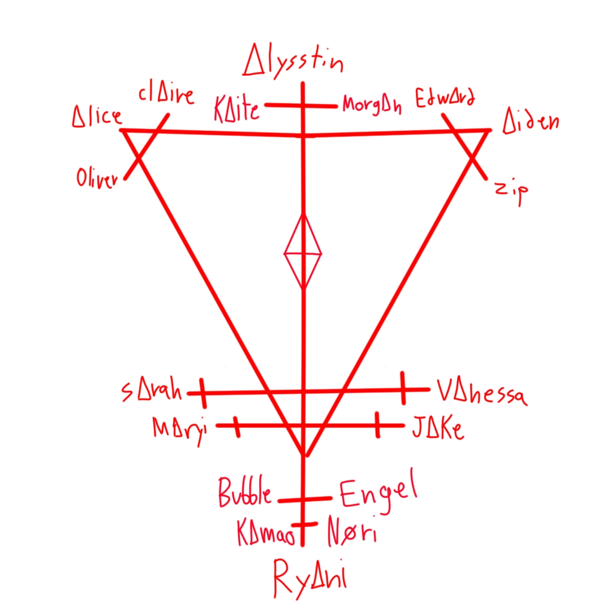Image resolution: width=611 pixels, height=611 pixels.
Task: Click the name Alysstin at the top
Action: coord(292,62)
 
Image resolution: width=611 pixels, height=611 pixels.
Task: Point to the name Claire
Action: coord(166,97)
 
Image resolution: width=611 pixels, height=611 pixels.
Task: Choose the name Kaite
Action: coord(236,109)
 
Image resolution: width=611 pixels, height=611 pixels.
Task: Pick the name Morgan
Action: coord(372,105)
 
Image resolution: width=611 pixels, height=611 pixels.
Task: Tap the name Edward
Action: coord(445,98)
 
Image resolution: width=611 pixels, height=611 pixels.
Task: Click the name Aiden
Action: coord(531,121)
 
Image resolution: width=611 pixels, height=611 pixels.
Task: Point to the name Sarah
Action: coord(151,391)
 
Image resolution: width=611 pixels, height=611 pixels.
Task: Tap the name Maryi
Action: coord(179,428)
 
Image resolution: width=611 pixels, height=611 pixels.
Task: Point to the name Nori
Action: coord(351,533)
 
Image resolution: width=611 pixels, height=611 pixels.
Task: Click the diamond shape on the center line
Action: coord(303,253)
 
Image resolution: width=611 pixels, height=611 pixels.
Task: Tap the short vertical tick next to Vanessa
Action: coord(403,388)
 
